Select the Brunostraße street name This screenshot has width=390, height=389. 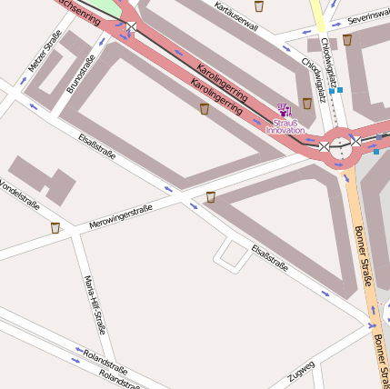click(x=80, y=75)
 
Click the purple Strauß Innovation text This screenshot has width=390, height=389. click(x=285, y=125)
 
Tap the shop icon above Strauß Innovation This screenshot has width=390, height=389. click(x=283, y=109)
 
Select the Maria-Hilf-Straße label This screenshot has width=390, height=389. click(x=95, y=304)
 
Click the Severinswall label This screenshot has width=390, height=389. click(x=368, y=15)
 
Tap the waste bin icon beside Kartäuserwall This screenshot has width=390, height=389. click(x=259, y=6)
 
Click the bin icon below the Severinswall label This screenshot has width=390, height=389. click(x=347, y=40)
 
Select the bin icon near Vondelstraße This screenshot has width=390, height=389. click(x=55, y=227)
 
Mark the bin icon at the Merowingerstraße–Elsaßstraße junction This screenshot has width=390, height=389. click(x=211, y=196)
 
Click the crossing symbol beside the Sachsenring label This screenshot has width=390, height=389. click(x=132, y=27)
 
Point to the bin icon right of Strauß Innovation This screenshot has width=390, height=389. click(x=307, y=103)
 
